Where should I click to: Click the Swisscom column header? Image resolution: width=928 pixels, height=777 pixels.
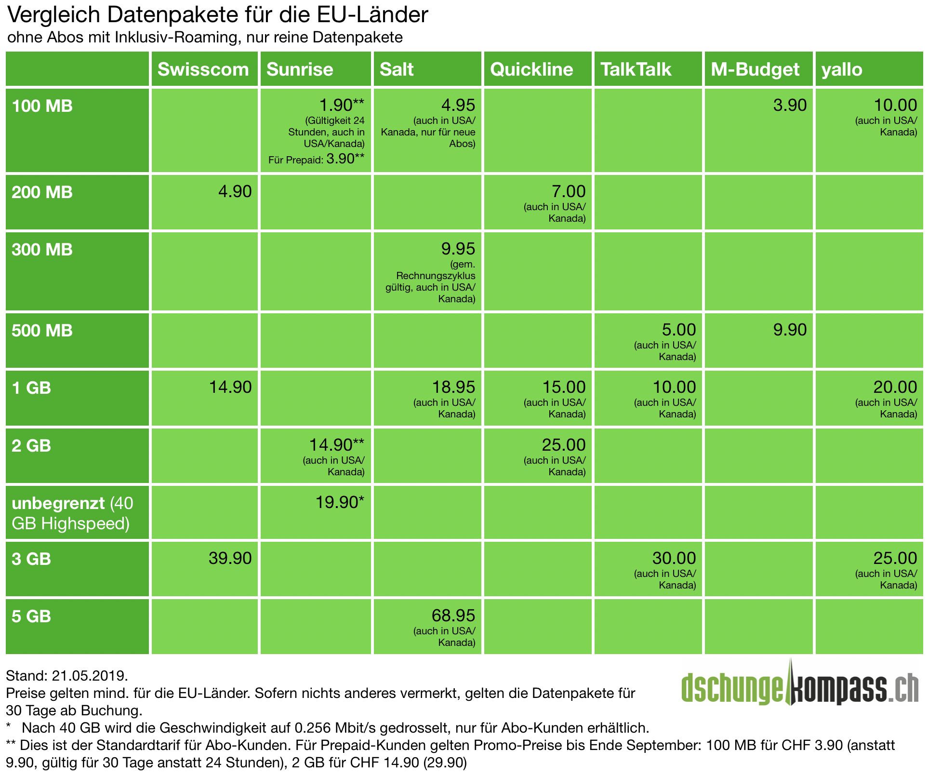click(x=203, y=69)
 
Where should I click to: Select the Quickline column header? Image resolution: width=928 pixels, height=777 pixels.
click(x=531, y=69)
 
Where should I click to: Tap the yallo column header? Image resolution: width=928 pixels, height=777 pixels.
click(x=842, y=69)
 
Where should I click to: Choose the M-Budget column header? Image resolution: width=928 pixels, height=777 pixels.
click(x=755, y=69)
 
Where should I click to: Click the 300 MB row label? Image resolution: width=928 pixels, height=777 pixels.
click(x=42, y=250)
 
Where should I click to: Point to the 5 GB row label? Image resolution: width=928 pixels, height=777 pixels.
click(x=31, y=616)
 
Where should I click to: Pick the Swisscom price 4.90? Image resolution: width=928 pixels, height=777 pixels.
click(x=235, y=192)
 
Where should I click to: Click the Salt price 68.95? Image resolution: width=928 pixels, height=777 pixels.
click(x=453, y=616)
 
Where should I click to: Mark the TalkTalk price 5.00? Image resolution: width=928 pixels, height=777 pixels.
click(x=678, y=330)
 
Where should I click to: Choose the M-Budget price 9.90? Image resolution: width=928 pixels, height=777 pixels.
click(x=790, y=330)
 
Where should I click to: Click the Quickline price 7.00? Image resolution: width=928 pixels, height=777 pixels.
click(x=569, y=192)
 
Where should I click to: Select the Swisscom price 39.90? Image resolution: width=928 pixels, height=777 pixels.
click(x=230, y=558)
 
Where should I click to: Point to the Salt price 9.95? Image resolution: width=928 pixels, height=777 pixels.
click(x=458, y=249)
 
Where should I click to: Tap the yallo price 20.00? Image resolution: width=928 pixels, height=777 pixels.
click(x=895, y=387)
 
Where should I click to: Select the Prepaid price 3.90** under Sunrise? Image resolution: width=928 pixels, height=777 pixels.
click(x=345, y=159)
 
